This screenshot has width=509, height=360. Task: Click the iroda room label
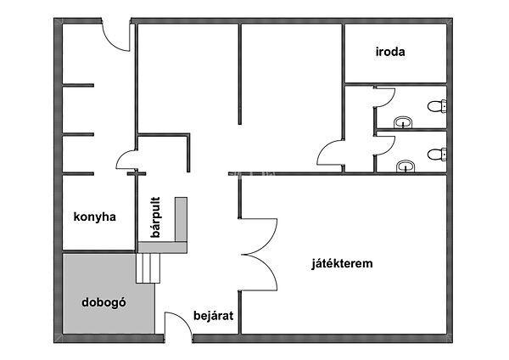coord(390,52)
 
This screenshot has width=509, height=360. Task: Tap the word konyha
coord(94,217)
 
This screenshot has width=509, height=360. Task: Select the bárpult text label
coord(155,217)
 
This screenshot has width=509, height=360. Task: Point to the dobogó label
coord(103,302)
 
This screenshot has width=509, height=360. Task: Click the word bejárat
coord(213,316)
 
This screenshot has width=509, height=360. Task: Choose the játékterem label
coord(342,263)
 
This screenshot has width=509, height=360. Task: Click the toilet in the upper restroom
coord(437,106)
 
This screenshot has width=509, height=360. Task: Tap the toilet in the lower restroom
coord(437,154)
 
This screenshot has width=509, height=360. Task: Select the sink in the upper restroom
coord(403,122)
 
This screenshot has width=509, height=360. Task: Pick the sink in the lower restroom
coord(406,166)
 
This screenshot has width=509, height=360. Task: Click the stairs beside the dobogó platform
coord(148,268)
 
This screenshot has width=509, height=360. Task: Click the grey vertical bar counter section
coord(182,219)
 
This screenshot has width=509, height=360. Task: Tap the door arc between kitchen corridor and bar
coord(120,157)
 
